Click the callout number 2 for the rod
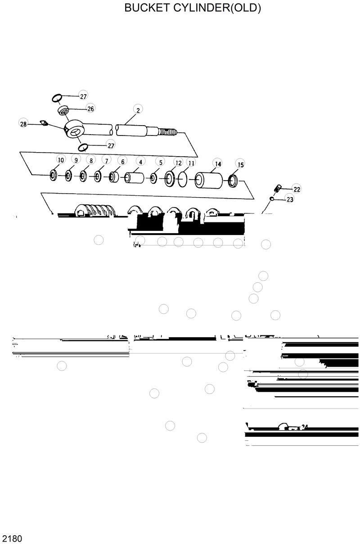138,110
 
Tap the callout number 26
90,108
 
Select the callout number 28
23,124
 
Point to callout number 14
217,164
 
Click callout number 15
240,165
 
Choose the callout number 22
297,189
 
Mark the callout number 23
290,199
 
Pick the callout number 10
61,160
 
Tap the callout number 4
140,162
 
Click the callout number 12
178,163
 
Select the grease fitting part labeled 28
44,122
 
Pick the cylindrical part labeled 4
134,177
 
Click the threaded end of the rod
167,132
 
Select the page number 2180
13,538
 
